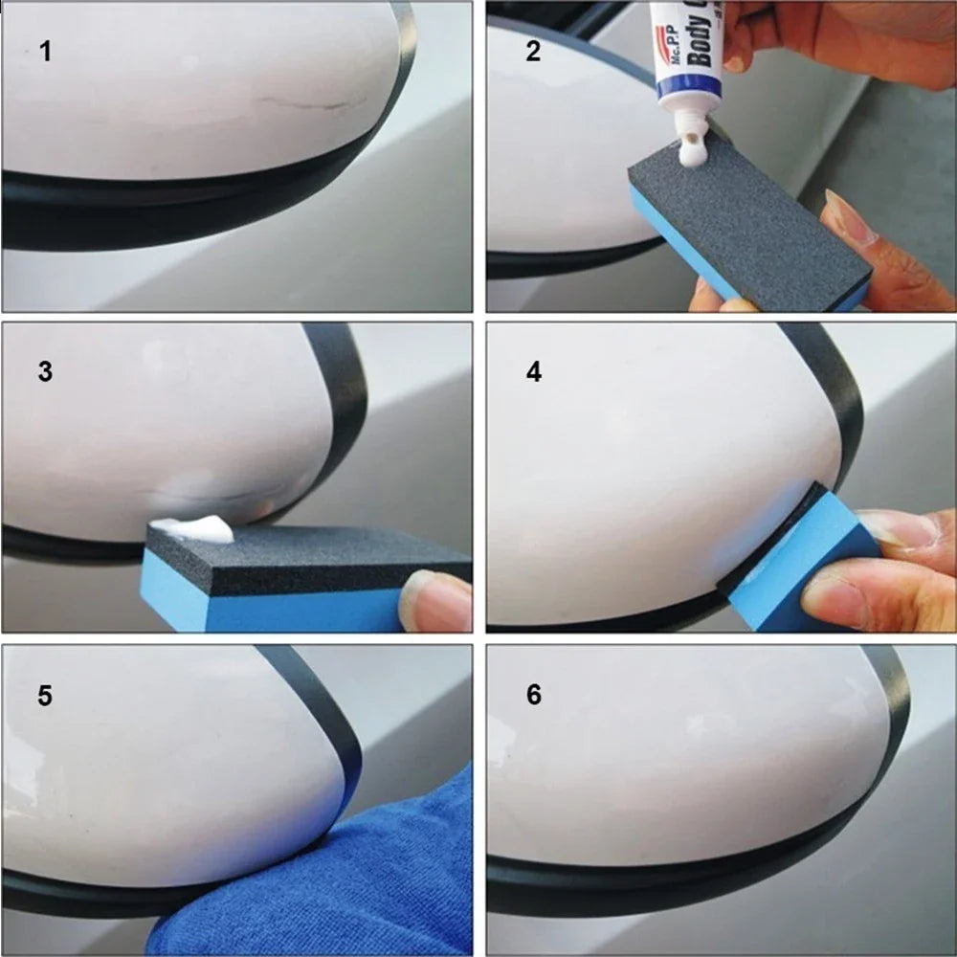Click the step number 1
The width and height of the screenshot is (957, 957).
click(x=45, y=52)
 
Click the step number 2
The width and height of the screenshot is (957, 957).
click(x=533, y=52)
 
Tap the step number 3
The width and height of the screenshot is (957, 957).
click(x=45, y=372)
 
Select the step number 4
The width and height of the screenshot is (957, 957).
click(x=533, y=372)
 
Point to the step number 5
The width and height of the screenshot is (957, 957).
click(x=45, y=696)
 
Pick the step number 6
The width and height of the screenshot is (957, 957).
click(x=533, y=696)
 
